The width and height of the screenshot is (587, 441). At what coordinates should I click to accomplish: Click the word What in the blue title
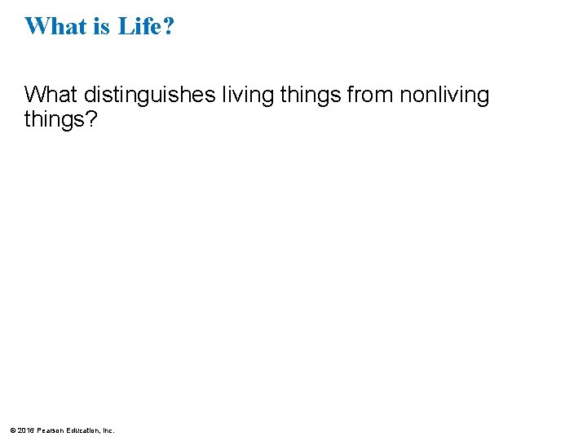(x=55, y=26)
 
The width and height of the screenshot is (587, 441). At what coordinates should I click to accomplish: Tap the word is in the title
(x=103, y=26)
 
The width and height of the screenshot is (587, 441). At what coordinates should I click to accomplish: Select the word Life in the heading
(x=139, y=26)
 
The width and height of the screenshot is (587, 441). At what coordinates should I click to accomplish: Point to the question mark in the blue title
(x=169, y=26)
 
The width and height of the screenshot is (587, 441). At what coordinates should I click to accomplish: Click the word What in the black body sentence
(x=50, y=96)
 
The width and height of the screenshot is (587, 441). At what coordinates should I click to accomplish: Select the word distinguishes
(x=149, y=96)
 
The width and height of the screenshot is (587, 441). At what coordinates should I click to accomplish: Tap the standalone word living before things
(x=249, y=96)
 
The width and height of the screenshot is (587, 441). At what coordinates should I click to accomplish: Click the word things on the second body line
(x=55, y=120)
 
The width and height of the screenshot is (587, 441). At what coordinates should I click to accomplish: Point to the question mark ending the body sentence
(x=91, y=120)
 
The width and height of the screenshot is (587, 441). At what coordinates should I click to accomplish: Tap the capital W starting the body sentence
(x=34, y=96)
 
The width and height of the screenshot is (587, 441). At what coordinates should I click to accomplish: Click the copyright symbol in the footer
(x=11, y=430)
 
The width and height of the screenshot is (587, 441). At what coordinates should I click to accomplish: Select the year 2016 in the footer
(x=25, y=430)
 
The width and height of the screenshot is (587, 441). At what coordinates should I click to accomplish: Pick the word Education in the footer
(x=84, y=430)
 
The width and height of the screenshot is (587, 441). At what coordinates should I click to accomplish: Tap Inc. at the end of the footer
(x=108, y=430)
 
